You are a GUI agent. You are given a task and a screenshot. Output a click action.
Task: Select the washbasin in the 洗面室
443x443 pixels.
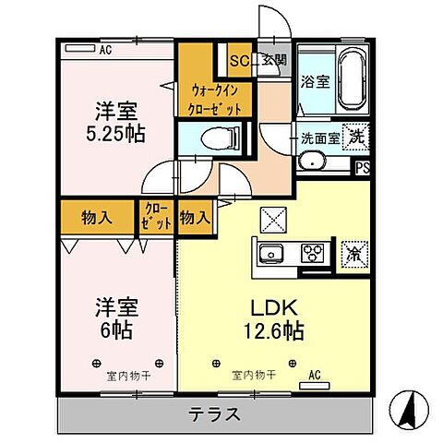[313, 162]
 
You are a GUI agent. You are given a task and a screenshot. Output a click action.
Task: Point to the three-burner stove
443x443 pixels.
[312, 251]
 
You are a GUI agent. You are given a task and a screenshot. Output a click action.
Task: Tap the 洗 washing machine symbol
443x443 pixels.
[354, 138]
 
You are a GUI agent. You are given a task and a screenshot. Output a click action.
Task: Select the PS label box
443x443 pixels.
[365, 168]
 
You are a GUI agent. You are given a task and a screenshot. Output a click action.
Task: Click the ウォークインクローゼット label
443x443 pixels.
[217, 99]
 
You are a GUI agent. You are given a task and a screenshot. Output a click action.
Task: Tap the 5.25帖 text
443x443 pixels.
[121, 131]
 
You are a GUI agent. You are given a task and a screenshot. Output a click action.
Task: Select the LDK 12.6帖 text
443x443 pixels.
[269, 318]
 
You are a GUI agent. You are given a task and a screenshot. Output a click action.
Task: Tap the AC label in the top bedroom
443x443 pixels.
[104, 49]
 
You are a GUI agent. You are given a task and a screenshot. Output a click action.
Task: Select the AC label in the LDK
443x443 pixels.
[314, 376]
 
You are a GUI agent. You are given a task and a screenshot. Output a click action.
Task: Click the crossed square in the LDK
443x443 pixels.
[274, 220]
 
